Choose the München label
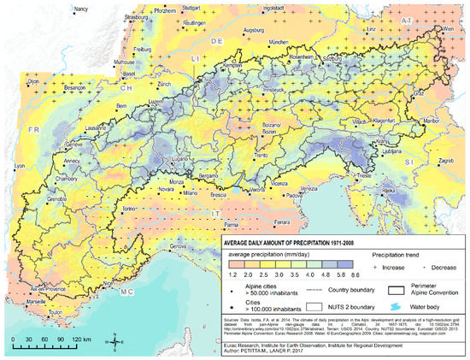279,40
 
